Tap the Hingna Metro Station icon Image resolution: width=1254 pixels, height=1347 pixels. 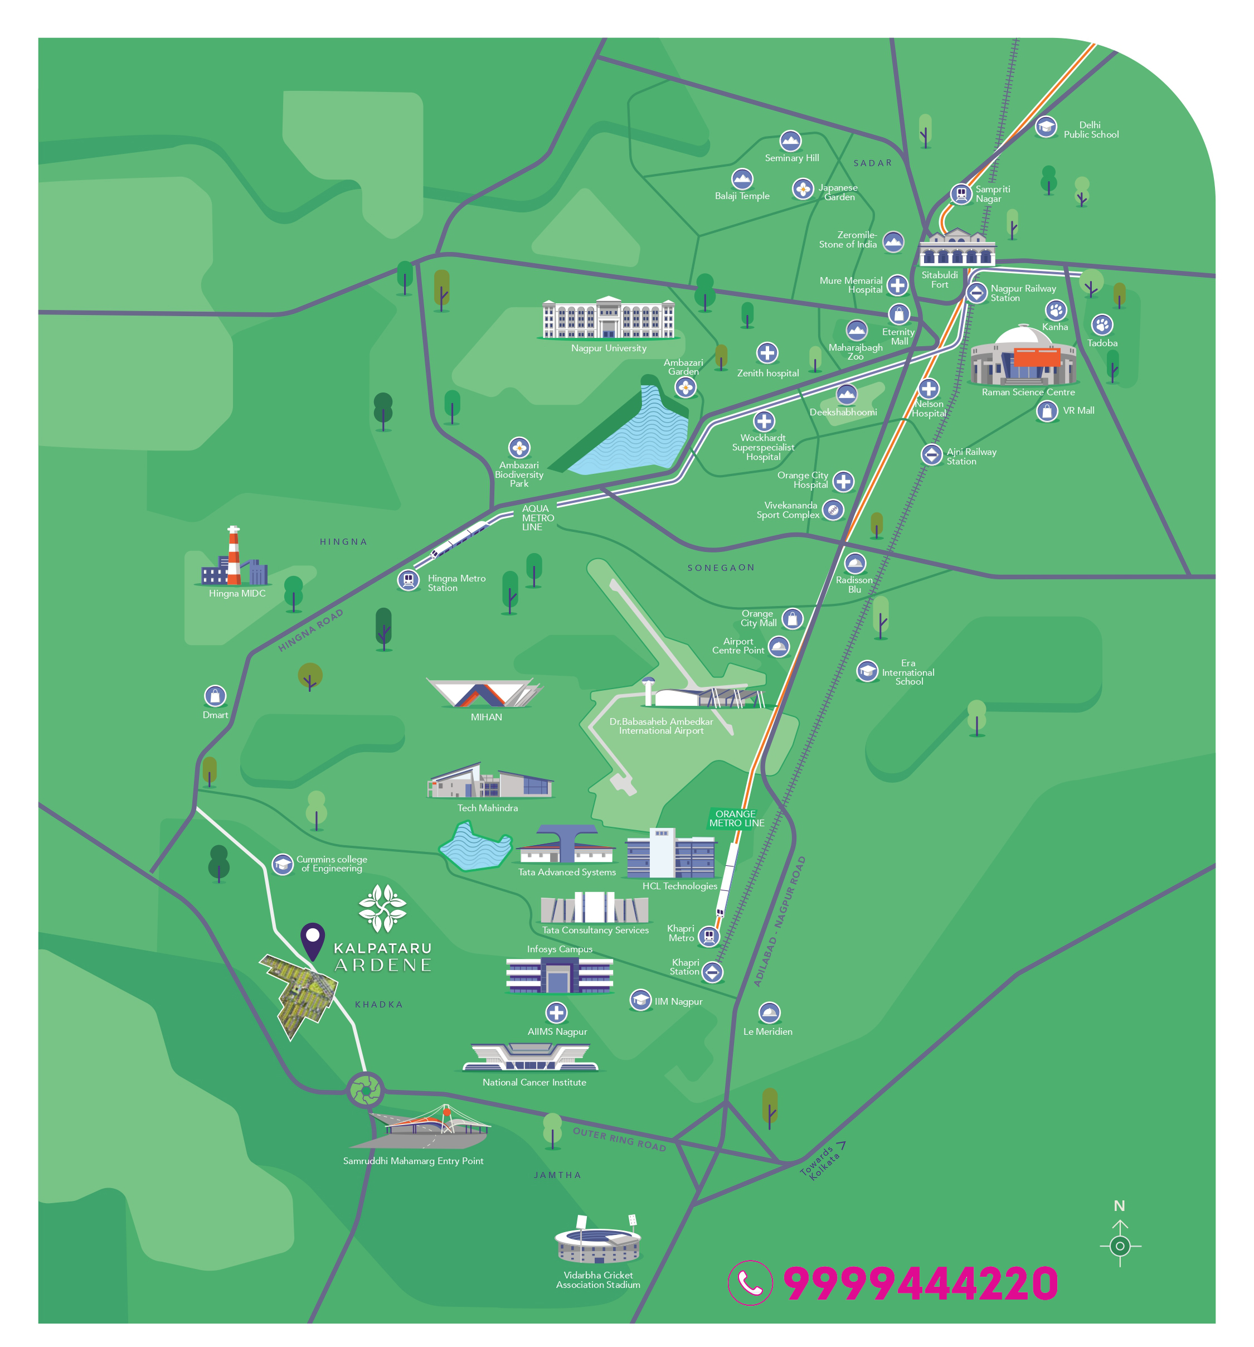[x=408, y=580]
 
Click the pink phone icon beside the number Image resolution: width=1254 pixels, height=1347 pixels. [x=750, y=1283]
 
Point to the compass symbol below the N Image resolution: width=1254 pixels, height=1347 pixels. [x=1119, y=1246]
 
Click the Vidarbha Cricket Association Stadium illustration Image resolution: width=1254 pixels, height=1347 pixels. [x=597, y=1241]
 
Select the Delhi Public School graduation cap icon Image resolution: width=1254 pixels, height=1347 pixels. [x=1046, y=127]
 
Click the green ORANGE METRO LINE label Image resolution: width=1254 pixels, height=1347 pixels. [x=736, y=818]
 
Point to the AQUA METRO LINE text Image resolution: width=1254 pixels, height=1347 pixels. [x=537, y=517]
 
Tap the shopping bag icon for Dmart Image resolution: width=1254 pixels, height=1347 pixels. [x=215, y=696]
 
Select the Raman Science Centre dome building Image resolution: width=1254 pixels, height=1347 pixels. [x=1023, y=356]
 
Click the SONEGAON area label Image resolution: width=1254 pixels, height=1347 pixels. [x=720, y=568]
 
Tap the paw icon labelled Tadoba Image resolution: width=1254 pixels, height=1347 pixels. [x=1101, y=324]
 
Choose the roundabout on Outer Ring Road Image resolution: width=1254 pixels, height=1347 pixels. [x=366, y=1090]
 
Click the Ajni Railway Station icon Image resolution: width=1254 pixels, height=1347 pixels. [x=931, y=454]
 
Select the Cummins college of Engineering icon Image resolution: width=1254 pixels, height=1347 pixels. [x=283, y=864]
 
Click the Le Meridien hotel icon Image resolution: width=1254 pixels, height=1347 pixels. [x=769, y=1013]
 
